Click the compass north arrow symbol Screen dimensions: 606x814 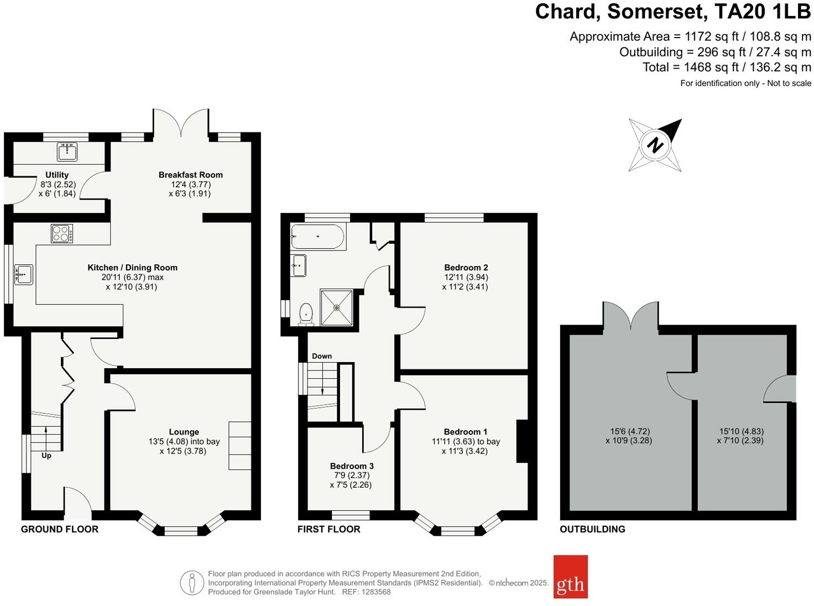click(x=655, y=145)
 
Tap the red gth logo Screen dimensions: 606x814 click(x=570, y=577)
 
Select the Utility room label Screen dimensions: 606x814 click(x=57, y=175)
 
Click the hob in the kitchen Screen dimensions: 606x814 click(x=62, y=233)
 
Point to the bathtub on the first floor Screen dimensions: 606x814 click(x=318, y=237)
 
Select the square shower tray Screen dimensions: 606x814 click(x=336, y=307)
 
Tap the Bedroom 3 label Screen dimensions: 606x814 click(x=352, y=466)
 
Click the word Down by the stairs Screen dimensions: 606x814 click(x=322, y=356)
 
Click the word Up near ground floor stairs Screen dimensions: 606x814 click(x=46, y=456)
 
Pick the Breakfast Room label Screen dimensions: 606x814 click(x=190, y=175)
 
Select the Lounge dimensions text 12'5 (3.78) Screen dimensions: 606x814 click(x=185, y=451)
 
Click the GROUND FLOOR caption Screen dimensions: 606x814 click(x=60, y=529)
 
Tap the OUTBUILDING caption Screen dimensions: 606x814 click(x=592, y=529)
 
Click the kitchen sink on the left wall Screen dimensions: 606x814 click(x=24, y=274)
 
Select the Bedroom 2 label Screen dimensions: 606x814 click(x=466, y=268)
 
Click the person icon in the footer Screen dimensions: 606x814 click(x=192, y=582)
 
